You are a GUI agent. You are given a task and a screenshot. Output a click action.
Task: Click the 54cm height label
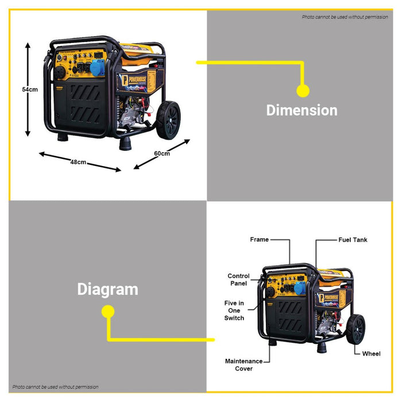coord(30,89)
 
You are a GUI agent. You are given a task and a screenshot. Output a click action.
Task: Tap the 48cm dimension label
coord(78,162)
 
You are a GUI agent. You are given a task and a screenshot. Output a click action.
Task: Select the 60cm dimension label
coord(162,153)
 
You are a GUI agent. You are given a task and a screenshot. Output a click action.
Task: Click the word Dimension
coord(301,110)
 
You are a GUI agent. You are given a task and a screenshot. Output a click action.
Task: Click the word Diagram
coord(108,289)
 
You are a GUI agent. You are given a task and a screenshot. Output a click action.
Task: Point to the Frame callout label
coord(259,239)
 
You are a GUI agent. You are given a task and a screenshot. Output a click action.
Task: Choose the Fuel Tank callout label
coord(352,239)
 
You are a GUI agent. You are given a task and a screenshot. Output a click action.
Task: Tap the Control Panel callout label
coord(238,280)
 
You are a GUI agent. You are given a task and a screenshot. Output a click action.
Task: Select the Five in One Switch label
coord(234,310)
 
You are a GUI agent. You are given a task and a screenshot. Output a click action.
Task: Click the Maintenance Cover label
coord(243,365)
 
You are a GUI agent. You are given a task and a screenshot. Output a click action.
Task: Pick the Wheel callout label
coord(371,354)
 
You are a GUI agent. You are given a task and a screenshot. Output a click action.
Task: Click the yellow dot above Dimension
coord(303,90)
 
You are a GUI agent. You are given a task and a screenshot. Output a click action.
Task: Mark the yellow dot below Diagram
coord(107,312)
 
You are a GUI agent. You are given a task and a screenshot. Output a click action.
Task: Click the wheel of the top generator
coord(168,120)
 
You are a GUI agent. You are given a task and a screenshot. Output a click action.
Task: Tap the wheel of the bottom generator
coord(356,330)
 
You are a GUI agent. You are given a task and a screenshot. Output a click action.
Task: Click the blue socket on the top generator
coord(96,67)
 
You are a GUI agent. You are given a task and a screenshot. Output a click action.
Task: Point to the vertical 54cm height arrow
coord(27,89)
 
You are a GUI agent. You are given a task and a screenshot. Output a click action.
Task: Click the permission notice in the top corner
coord(345,17)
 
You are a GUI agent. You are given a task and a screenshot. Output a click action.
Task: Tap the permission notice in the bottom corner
coord(56,387)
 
